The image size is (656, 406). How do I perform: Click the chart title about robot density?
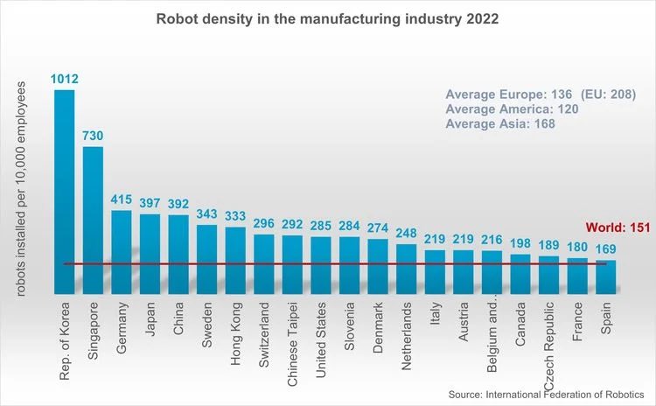coord(327,18)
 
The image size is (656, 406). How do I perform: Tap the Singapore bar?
coord(93,219)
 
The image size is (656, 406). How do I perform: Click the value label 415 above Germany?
coord(122,199)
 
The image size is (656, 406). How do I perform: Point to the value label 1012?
coord(65,79)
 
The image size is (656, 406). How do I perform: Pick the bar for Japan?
coord(150,254)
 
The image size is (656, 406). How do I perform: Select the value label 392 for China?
coord(178,204)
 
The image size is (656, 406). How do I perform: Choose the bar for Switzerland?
coord(264,263)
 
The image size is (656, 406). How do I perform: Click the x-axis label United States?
coord(321,346)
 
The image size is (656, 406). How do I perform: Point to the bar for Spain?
coord(606,276)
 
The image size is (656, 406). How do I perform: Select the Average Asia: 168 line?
coord(499,124)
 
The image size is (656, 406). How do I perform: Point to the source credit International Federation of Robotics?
coord(546,395)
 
